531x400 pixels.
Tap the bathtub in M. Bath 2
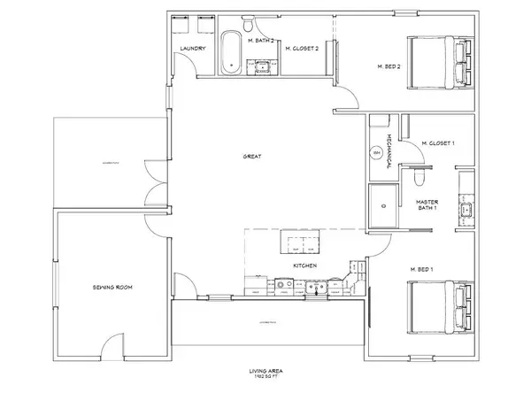pos(230,51)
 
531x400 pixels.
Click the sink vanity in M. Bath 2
pos(263,65)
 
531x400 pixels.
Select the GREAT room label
pos(251,157)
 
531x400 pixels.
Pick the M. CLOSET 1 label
pos(438,142)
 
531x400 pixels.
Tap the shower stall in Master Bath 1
pos(383,204)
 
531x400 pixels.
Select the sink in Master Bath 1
pos(466,210)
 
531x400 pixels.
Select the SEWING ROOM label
pos(112,288)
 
